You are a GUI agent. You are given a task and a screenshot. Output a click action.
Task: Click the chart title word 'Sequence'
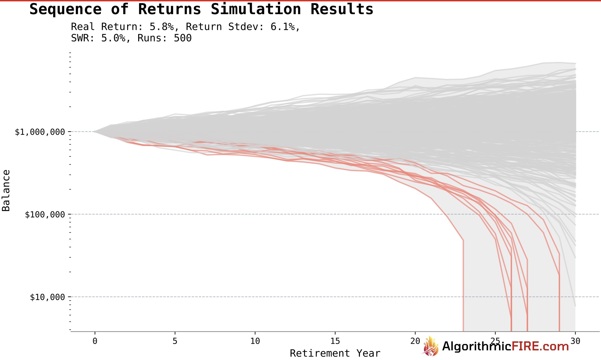[x=65, y=9]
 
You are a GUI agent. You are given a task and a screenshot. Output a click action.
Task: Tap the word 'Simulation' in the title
[x=256, y=9]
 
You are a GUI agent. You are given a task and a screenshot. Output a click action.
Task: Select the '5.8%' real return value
[x=161, y=27]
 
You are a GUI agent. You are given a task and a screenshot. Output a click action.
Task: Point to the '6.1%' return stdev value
[x=283, y=27]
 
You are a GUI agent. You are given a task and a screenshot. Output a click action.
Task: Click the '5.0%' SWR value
[x=113, y=38]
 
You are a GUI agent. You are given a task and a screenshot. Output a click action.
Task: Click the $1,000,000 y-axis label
[x=40, y=132]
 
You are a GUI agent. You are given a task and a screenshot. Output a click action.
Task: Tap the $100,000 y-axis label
[x=45, y=215]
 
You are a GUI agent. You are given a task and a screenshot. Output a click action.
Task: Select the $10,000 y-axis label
[x=47, y=297]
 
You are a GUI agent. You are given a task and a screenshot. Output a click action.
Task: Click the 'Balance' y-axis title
[x=6, y=190]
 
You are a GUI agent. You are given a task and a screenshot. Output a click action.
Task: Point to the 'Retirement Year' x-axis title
[x=335, y=353]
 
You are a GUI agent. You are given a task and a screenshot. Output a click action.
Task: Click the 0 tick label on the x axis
[x=95, y=341]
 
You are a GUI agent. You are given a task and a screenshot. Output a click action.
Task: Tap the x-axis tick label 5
[x=175, y=341]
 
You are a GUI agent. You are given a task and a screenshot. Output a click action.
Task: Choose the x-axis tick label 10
[x=255, y=341]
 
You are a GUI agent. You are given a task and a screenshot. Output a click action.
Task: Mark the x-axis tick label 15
[x=335, y=341]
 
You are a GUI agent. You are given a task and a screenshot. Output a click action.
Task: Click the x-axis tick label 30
[x=575, y=341]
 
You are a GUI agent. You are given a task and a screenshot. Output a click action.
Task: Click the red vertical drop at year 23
[x=463, y=283]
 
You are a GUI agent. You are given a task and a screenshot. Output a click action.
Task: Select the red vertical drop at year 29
[x=559, y=298]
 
